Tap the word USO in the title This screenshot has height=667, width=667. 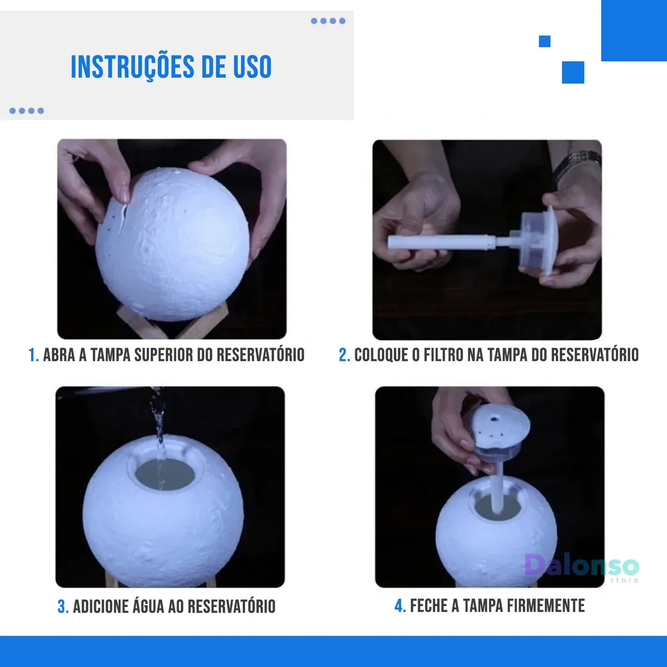point(252,67)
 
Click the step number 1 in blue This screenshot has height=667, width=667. point(33,355)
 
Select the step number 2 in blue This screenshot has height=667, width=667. point(344,355)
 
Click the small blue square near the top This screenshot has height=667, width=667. point(545,41)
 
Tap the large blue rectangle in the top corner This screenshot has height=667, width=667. point(634,31)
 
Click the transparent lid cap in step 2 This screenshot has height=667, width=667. point(539,241)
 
